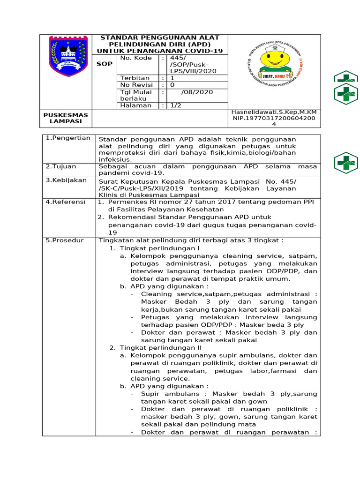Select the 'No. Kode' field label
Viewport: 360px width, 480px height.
tap(136, 58)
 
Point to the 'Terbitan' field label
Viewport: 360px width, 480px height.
tap(135, 78)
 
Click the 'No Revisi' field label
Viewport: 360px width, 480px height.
tap(137, 85)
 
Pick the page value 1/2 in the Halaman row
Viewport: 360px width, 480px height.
tap(176, 106)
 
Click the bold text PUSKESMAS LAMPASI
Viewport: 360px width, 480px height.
tap(66, 118)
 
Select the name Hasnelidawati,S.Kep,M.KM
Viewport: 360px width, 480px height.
tap(274, 112)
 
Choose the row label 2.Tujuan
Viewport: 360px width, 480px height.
tap(61, 166)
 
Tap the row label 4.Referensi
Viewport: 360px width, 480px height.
tap(65, 202)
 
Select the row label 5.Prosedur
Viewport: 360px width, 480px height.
tap(64, 240)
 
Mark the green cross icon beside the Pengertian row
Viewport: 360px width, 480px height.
tap(346, 163)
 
